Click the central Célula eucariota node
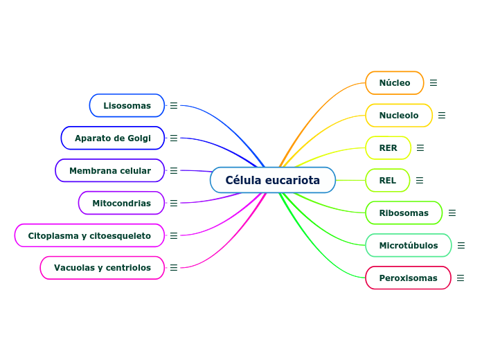273,180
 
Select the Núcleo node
395,83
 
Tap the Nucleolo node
399,116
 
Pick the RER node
389,148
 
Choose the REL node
388,181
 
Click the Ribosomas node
404,213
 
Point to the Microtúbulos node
409,246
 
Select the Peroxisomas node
408,278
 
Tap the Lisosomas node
127,106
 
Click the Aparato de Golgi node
113,138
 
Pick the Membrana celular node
110,171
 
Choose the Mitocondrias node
121,204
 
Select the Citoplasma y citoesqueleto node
89,236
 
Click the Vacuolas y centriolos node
102,268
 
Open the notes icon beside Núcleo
434,83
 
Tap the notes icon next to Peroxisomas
461,278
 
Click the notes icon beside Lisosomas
174,106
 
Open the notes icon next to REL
420,181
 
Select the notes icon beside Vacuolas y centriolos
174,268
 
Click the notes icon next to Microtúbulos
461,246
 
